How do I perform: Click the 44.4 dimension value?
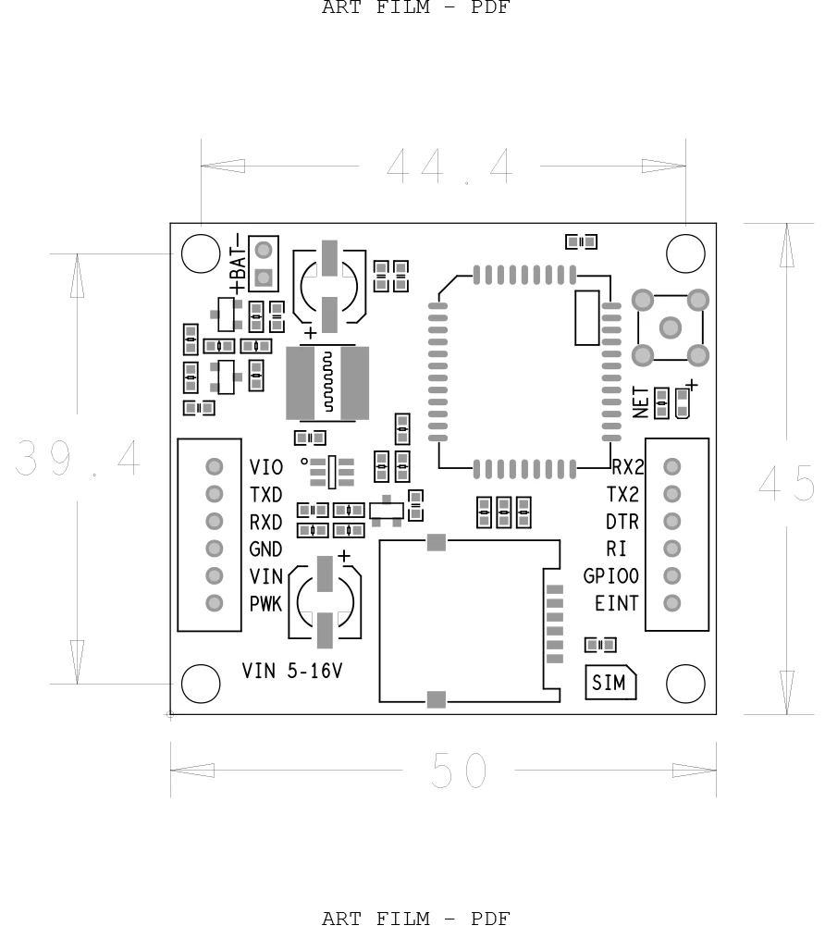449,167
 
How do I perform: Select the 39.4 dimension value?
78,458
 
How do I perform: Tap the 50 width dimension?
458,771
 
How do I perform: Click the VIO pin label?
266,467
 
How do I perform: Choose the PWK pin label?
266,604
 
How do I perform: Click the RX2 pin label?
628,466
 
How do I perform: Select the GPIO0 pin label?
611,575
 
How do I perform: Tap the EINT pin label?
617,603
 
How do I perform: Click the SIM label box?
610,684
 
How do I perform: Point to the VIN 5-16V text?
292,671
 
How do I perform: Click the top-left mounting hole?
201,253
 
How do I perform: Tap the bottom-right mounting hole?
685,684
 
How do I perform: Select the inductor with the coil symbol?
327,384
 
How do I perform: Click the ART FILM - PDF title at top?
415,8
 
